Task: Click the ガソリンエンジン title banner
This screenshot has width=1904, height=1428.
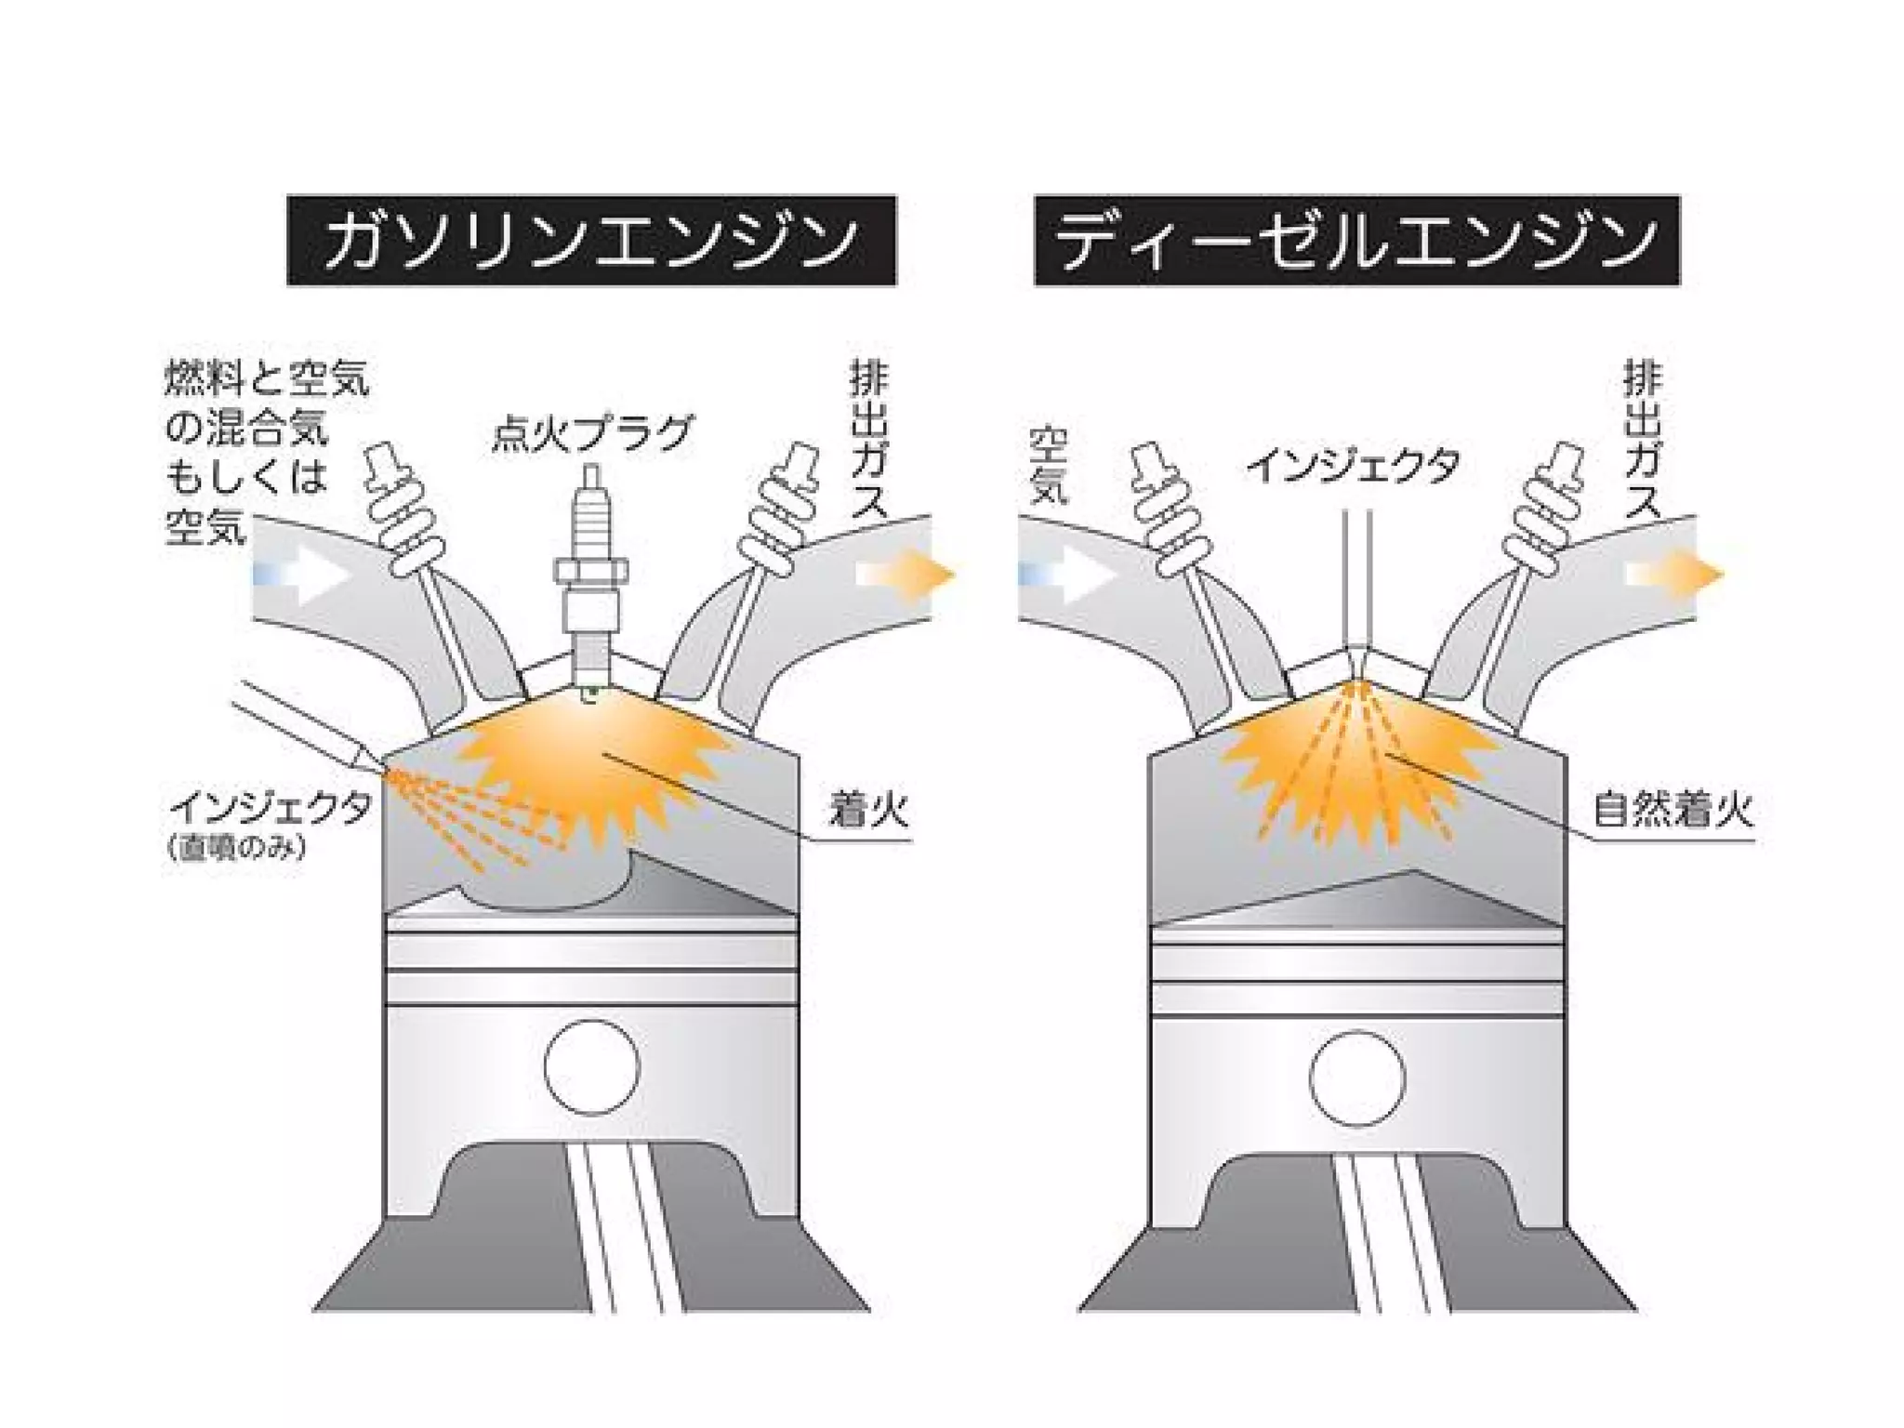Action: pos(591,240)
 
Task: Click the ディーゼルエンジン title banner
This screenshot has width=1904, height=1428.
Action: pos(1356,240)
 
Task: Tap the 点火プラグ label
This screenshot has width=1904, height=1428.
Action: pos(592,433)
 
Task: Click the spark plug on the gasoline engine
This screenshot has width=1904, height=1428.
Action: pos(590,576)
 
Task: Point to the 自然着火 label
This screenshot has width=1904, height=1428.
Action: pos(1673,810)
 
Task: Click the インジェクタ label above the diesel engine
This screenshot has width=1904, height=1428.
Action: pos(1354,466)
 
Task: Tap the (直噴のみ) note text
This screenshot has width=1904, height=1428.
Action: pos(237,848)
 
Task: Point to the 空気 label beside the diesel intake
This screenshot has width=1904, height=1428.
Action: pos(1050,465)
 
